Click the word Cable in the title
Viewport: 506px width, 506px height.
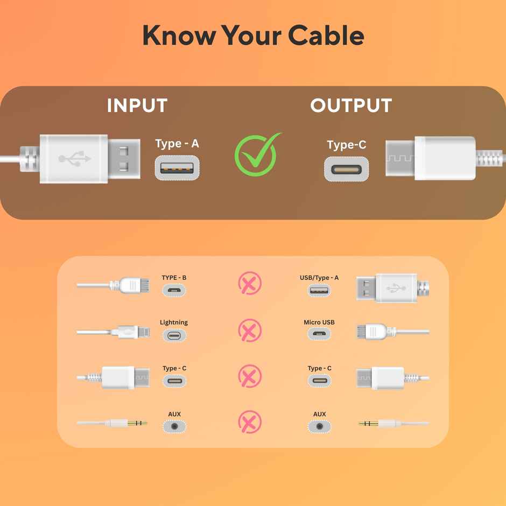pyautogui.click(x=326, y=36)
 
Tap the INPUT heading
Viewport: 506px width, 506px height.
pyautogui.click(x=137, y=106)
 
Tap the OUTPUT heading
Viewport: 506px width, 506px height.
pyautogui.click(x=351, y=106)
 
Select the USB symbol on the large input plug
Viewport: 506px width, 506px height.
pyautogui.click(x=75, y=159)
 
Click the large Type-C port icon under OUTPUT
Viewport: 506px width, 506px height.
pyautogui.click(x=346, y=169)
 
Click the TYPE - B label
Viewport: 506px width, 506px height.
pyautogui.click(x=174, y=278)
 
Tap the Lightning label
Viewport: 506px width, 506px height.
pyautogui.click(x=174, y=322)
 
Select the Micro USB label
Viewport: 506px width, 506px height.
pyautogui.click(x=319, y=322)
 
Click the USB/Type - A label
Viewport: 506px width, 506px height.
pyautogui.click(x=319, y=278)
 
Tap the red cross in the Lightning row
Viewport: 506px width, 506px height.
pyautogui.click(x=250, y=329)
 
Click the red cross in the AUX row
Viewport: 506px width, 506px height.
pyautogui.click(x=250, y=422)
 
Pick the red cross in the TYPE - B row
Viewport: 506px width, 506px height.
pyautogui.click(x=250, y=283)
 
